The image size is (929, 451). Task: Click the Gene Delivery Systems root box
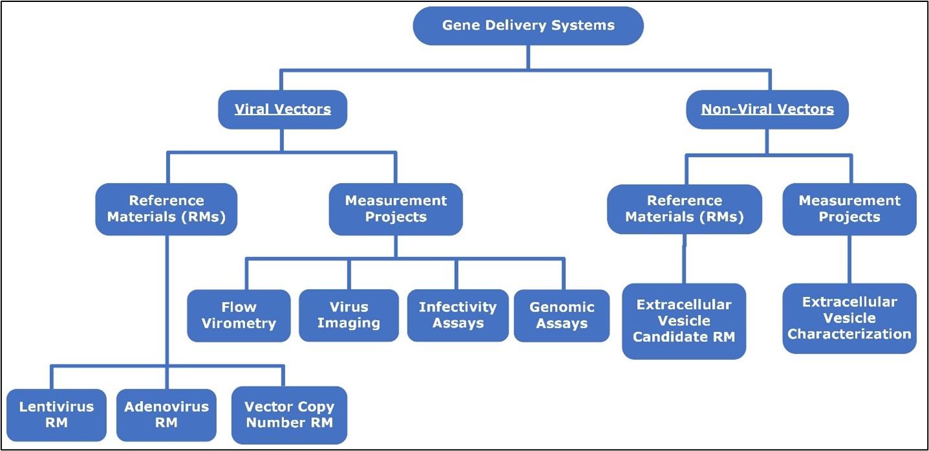pos(528,26)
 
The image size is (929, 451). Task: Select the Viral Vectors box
pos(282,109)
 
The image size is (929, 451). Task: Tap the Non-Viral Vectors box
pos(767,109)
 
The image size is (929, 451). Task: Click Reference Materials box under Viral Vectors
pos(166,209)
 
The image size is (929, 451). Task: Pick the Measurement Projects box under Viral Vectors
pos(395,209)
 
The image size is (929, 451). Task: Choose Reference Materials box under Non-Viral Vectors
pos(684,209)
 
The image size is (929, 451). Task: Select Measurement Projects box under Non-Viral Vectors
pos(849,209)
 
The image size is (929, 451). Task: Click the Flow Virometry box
pos(239,315)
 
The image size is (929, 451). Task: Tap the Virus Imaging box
pos(349,315)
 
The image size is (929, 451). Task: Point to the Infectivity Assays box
pos(457,315)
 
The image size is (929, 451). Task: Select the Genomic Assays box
pos(562,315)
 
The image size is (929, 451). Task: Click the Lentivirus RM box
pos(56,415)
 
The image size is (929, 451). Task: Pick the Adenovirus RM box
pos(166,415)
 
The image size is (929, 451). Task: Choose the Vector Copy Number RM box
pos(289,415)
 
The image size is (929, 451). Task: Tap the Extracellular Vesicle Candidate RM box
pos(684,321)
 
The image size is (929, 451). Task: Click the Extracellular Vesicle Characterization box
pos(849,318)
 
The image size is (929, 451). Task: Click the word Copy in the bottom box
pos(317,407)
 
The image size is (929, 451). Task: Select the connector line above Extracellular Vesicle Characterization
pos(849,259)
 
